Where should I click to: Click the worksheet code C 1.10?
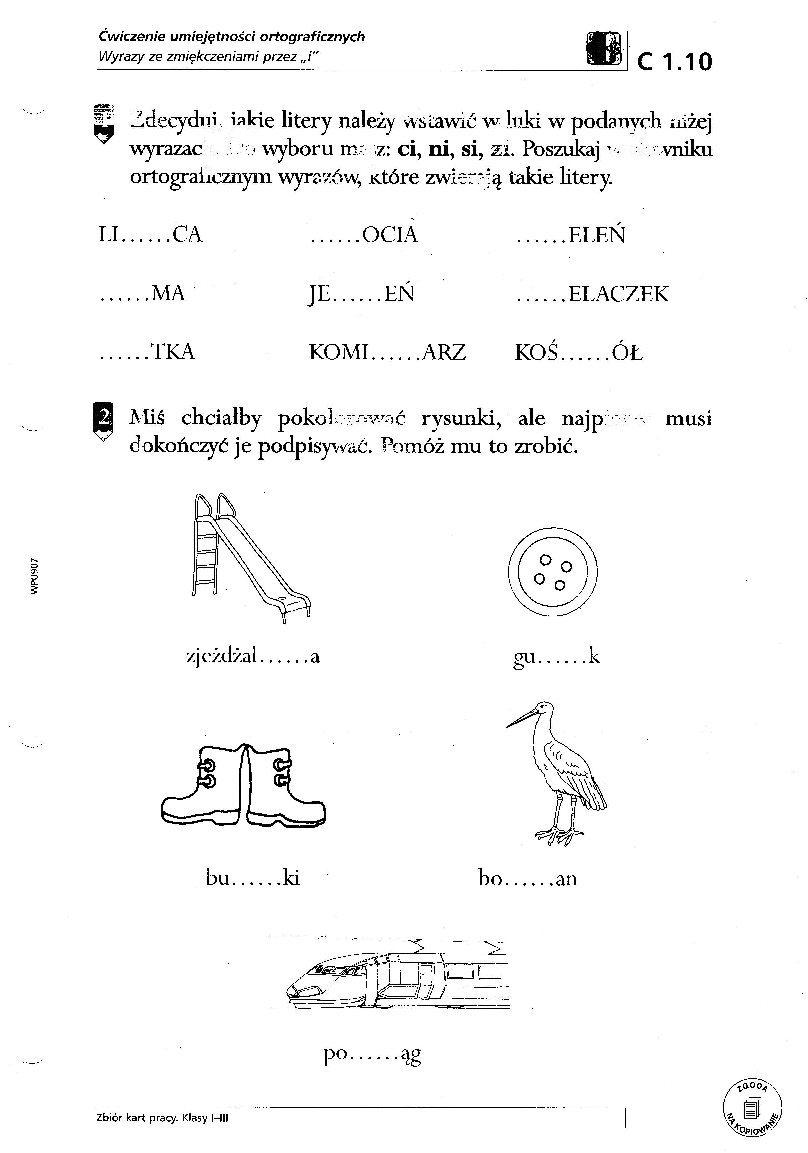tap(674, 62)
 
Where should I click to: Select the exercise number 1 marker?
tap(103, 123)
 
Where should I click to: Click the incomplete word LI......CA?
tap(151, 235)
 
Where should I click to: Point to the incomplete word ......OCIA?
tap(364, 235)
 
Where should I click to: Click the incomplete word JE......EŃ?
tap(361, 294)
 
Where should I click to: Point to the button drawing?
tap(553, 572)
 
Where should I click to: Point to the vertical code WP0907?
tap(34, 576)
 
